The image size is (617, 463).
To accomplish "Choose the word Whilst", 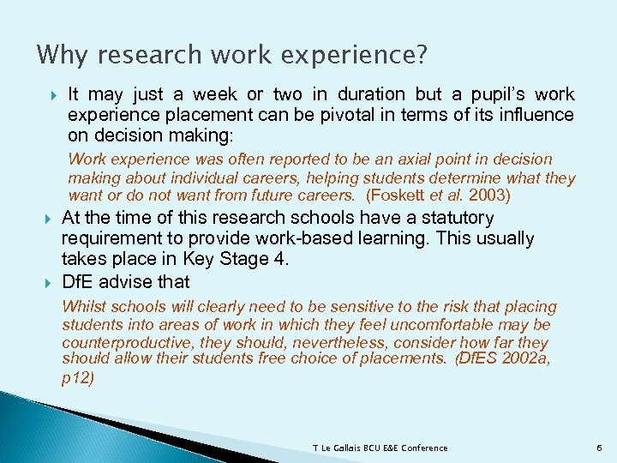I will pyautogui.click(x=83, y=307).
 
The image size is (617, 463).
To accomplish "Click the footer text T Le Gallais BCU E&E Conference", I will pyautogui.click(x=380, y=448).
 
